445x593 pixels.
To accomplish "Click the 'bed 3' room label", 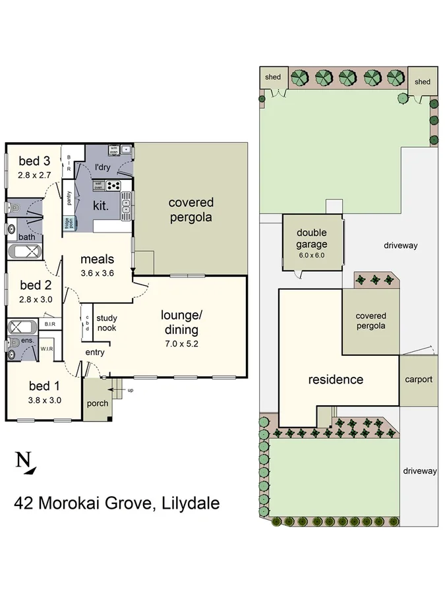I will [34, 160].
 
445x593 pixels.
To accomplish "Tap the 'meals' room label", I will [98, 259].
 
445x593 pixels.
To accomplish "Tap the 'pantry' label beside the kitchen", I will [69, 198].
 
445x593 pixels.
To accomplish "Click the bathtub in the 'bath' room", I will [24, 252].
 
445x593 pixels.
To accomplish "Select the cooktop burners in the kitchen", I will [113, 185].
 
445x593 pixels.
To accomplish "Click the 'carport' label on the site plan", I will [419, 379].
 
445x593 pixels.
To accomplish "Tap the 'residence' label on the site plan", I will [336, 380].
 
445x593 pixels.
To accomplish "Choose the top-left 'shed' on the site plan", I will [273, 77].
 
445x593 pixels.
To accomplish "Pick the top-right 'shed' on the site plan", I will [422, 82].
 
